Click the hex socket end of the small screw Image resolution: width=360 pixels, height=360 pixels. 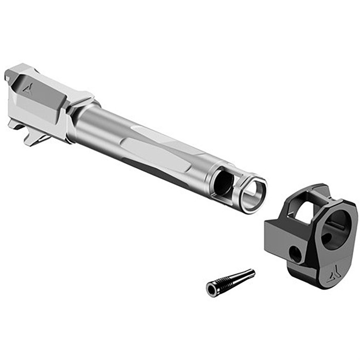(211, 290)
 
